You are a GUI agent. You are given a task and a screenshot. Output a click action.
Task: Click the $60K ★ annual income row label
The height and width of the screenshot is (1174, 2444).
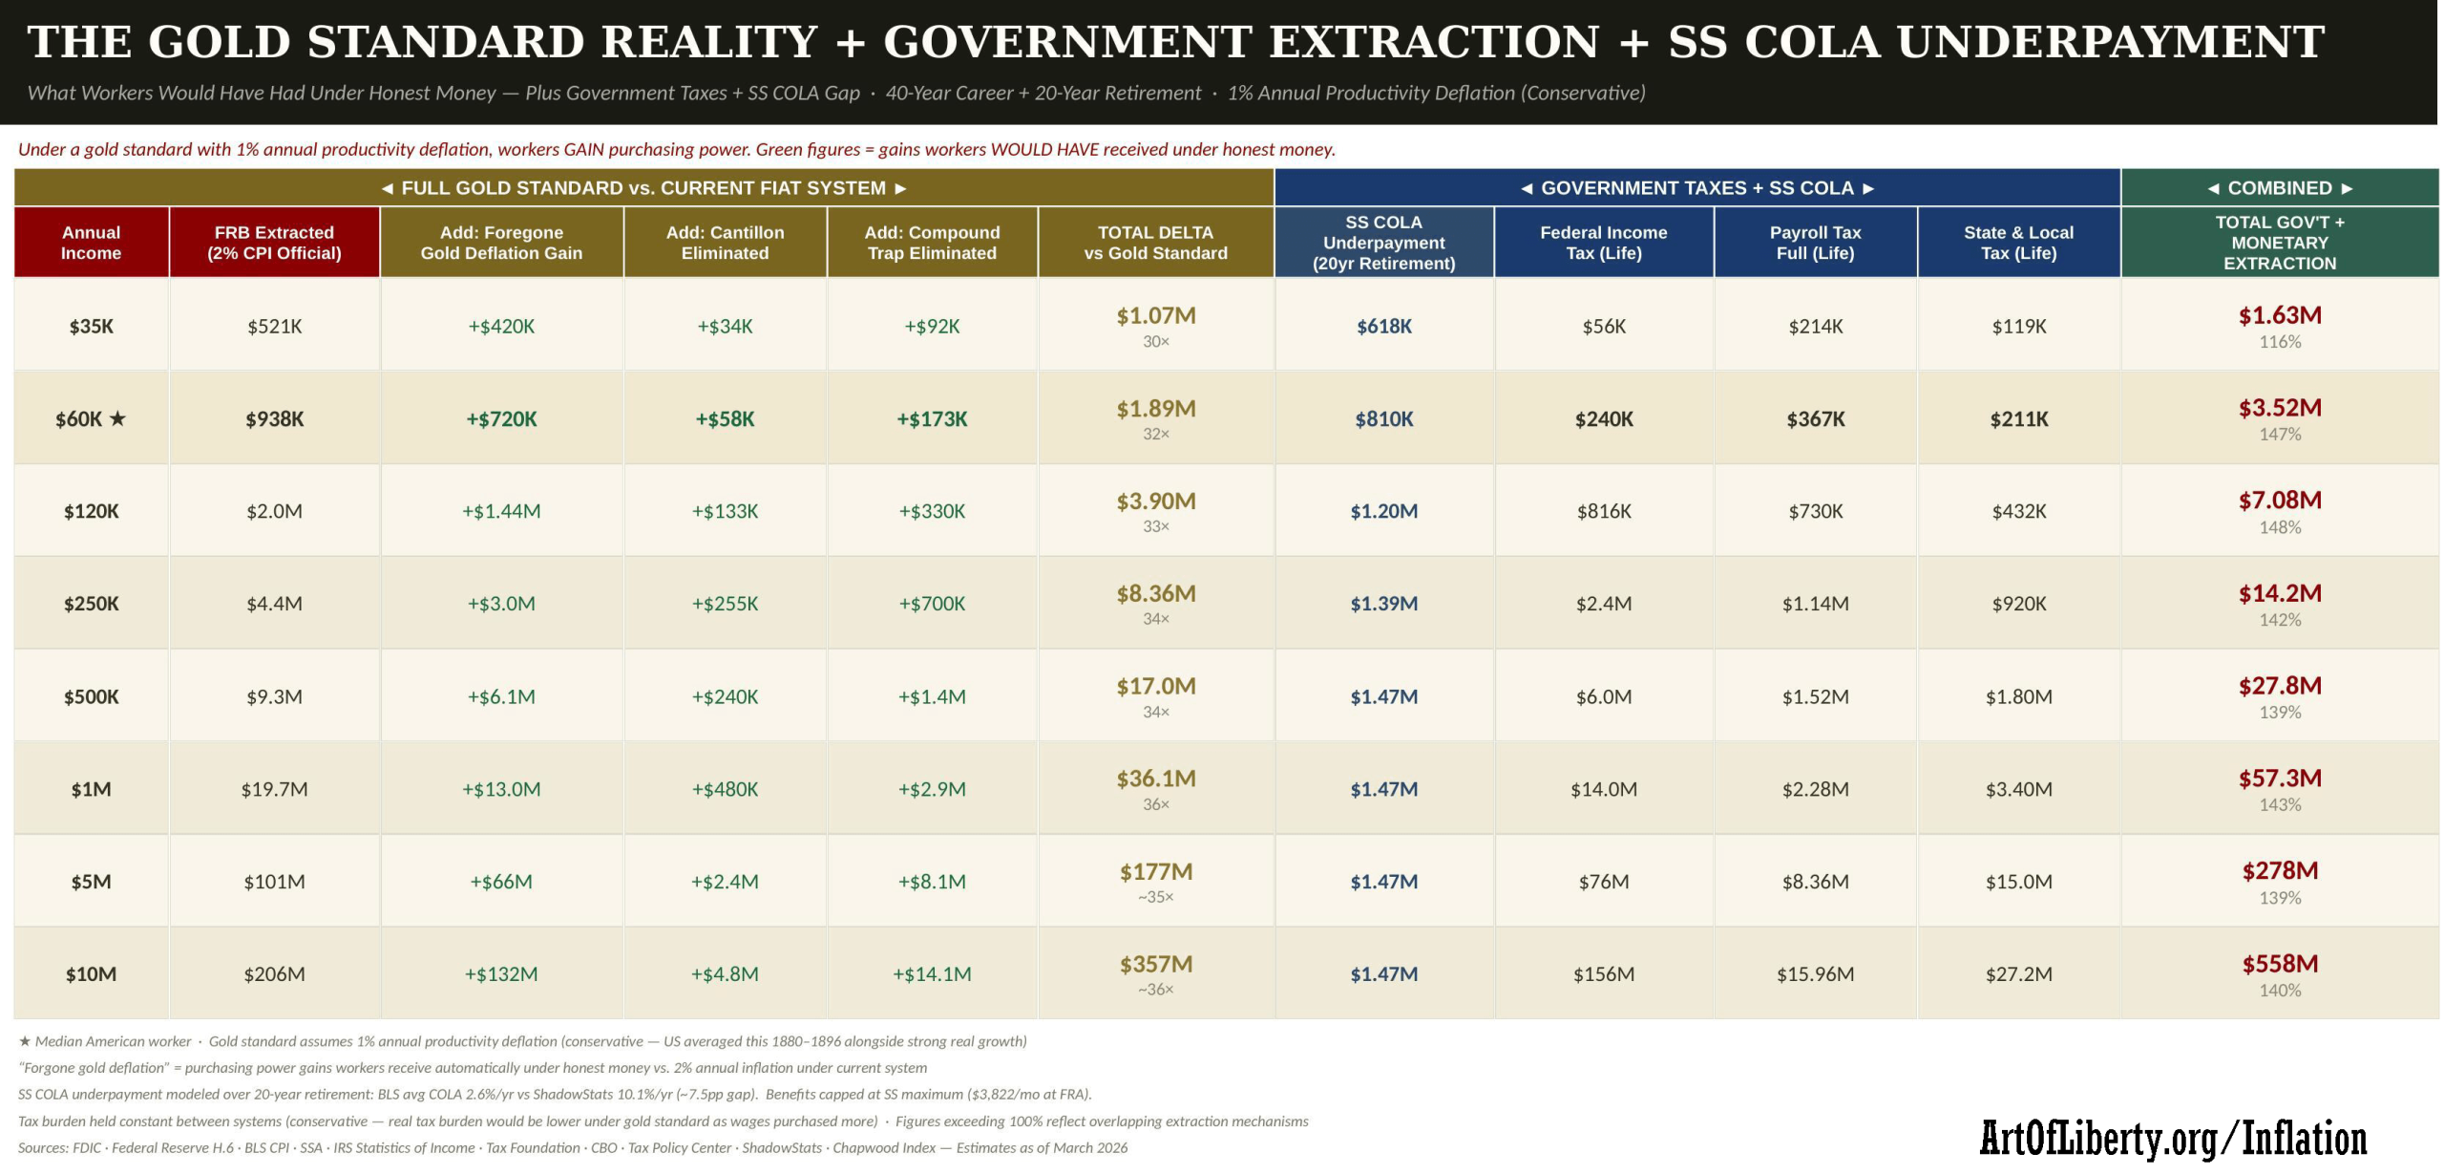pos(91,418)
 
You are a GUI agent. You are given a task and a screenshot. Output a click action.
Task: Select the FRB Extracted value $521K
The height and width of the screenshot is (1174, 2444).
pos(274,327)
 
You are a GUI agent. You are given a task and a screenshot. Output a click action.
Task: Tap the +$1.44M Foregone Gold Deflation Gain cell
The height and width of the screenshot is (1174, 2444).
pos(501,511)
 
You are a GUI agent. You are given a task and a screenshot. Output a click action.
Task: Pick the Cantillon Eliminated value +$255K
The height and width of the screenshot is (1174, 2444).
pos(725,604)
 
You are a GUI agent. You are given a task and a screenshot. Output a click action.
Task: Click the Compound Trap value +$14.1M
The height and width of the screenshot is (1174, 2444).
pos(932,974)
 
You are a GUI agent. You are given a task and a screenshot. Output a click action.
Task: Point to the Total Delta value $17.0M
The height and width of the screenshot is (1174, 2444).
pos(1155,687)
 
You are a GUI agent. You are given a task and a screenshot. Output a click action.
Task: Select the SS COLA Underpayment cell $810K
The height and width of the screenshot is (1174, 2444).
pos(1383,418)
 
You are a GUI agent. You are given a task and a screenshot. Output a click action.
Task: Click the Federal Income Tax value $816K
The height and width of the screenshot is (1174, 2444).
pos(1603,511)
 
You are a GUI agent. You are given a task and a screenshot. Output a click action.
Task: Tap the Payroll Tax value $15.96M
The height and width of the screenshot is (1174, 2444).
pos(1815,974)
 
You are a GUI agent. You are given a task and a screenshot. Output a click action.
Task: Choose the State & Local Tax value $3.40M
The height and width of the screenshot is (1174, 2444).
pos(2018,789)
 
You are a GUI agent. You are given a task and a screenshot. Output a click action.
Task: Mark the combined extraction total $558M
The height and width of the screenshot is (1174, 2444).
pos(2279,964)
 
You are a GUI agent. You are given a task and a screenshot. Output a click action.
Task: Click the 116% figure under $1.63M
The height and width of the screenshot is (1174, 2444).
pos(2279,342)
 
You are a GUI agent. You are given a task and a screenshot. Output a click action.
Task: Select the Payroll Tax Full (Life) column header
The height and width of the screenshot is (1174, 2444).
pos(1815,243)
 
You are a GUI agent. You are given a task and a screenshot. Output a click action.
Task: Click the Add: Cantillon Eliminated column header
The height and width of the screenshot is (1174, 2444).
pos(725,243)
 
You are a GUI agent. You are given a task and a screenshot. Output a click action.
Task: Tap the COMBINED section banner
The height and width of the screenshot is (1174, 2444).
pos(2279,188)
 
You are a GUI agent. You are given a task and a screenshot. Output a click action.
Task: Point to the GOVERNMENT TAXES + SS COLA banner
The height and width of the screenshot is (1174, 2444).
pos(1696,188)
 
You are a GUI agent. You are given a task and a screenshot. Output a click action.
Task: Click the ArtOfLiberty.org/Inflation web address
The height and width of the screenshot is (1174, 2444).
pos(2173,1139)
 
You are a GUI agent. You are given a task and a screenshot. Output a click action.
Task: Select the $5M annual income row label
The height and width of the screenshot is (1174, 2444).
pos(91,882)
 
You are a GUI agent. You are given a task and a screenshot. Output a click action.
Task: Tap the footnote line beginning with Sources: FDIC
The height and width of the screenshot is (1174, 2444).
pos(573,1147)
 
